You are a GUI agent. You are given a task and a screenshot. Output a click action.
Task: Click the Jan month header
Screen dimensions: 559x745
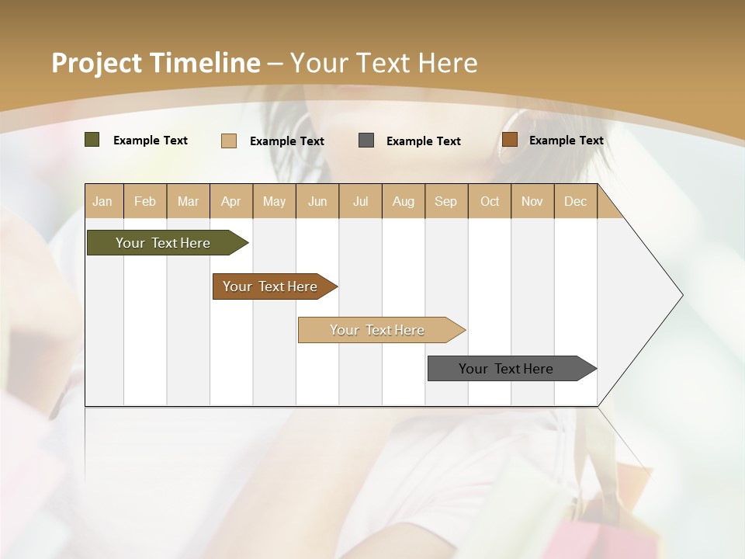[102, 201]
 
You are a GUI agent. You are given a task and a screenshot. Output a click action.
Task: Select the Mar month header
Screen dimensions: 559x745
[188, 201]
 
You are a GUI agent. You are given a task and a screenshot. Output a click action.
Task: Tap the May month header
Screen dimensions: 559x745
[274, 201]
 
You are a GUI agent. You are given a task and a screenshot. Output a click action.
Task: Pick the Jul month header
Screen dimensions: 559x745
[360, 201]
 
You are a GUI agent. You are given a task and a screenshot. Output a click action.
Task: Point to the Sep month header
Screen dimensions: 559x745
[445, 201]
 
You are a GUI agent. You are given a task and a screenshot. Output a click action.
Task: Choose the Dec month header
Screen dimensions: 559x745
[575, 201]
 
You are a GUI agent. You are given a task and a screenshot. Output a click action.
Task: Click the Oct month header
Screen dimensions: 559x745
[490, 201]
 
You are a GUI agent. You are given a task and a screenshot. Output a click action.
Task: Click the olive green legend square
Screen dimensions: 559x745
[92, 140]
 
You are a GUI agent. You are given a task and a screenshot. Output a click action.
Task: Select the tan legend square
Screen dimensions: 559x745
[228, 141]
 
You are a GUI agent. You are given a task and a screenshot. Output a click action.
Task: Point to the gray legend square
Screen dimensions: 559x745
[366, 140]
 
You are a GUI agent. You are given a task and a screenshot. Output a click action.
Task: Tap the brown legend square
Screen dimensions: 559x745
[509, 140]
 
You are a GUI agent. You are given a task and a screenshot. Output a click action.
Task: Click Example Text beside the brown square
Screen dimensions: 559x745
[566, 140]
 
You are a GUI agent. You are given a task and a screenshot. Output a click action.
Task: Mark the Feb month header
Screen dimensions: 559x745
[145, 201]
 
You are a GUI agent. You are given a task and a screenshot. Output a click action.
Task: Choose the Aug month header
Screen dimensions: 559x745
[403, 201]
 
